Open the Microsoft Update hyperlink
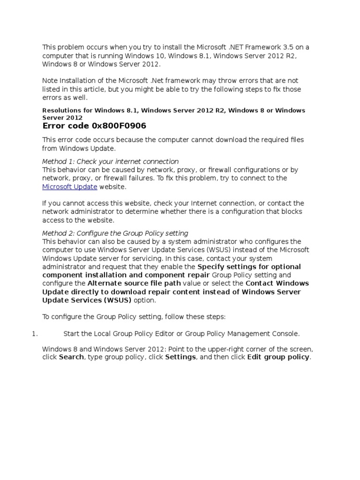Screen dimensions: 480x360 [69, 187]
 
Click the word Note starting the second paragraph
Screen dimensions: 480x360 [50, 81]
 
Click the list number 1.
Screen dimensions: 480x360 [34, 334]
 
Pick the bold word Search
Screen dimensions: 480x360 [72, 357]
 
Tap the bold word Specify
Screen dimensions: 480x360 [213, 267]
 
